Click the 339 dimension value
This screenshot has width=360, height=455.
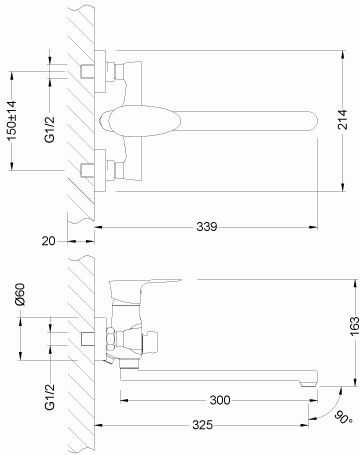tap(207, 227)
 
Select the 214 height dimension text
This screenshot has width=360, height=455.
tap(343, 119)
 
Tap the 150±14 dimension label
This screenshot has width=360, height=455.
tap(11, 121)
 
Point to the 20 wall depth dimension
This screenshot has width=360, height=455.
tap(49, 241)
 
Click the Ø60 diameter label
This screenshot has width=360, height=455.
tap(20, 294)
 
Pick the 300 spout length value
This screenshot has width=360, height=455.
tap(220, 400)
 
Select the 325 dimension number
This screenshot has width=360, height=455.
tap(202, 425)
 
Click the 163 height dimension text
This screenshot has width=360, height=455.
tap(354, 326)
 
